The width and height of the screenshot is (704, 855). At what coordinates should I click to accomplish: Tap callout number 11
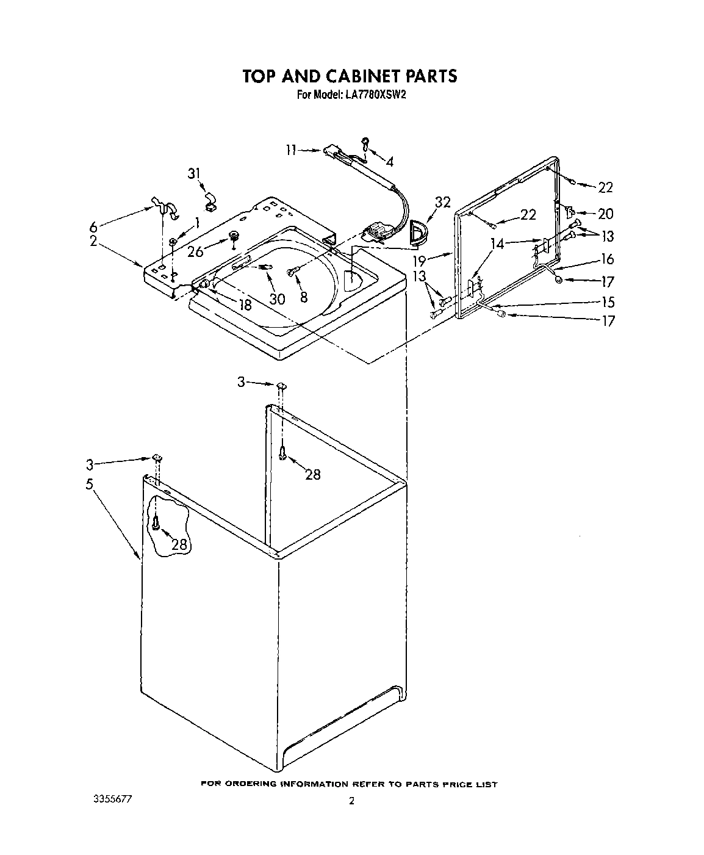(292, 150)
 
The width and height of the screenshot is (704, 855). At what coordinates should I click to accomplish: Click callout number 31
(193, 174)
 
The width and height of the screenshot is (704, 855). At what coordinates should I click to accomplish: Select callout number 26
(195, 251)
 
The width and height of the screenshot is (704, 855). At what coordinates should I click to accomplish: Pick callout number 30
(277, 299)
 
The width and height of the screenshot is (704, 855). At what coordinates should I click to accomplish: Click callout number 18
(245, 305)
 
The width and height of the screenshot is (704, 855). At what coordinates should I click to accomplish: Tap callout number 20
(606, 214)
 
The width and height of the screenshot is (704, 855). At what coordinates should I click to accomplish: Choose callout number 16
(607, 259)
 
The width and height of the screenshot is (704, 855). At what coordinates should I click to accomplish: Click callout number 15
(608, 302)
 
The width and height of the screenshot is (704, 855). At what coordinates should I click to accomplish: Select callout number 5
(90, 485)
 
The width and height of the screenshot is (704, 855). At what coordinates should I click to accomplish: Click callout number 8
(303, 297)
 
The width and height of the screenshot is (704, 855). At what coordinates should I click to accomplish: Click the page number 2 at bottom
(351, 802)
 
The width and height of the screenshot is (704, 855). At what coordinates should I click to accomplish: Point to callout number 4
(389, 162)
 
